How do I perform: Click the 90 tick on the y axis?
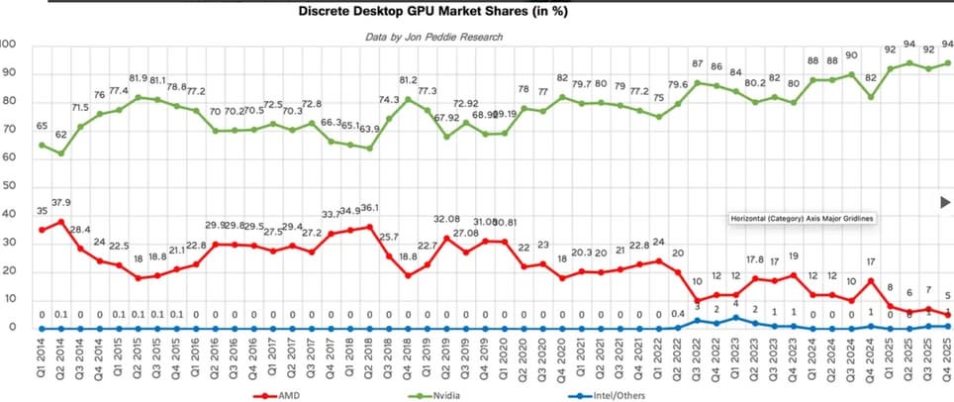8,72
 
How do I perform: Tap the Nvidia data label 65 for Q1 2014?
43,127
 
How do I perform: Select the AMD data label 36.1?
368,209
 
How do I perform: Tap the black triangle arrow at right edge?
944,202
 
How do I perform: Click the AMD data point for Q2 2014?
61,221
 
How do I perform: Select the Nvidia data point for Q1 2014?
42,145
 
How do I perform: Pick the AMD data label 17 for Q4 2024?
870,262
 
